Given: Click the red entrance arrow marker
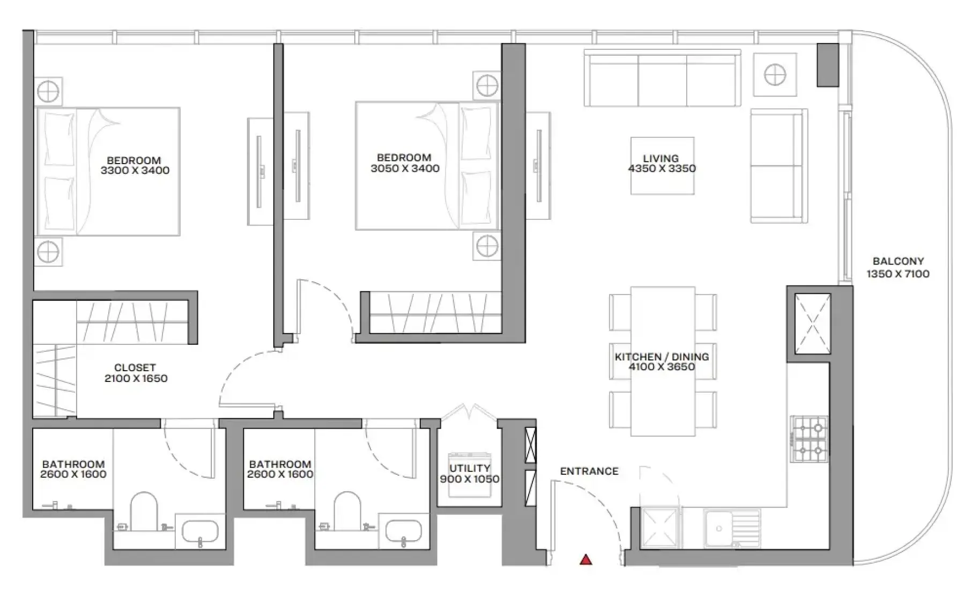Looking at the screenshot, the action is (586, 559).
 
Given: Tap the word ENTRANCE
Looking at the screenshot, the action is (589, 471).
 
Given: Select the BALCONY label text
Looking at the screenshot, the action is (898, 262).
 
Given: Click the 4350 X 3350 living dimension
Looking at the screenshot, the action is (662, 168).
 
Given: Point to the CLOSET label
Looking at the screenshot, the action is (135, 368).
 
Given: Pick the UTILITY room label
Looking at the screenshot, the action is (470, 468).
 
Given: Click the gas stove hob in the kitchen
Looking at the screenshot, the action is (809, 439).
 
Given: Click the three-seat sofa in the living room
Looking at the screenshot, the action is (663, 78).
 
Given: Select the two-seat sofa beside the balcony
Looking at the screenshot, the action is (779, 166).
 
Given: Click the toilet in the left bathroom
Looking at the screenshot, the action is (144, 512).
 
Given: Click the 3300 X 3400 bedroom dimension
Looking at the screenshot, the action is (135, 171).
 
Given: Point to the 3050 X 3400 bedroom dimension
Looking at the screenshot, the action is (405, 168).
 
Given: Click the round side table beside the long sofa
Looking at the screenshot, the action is (775, 75).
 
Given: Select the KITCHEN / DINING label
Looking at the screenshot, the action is (662, 357).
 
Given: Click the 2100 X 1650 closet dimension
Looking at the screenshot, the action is (136, 379).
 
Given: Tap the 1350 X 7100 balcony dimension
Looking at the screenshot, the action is (898, 274).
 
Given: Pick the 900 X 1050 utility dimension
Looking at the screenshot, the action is (470, 479).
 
